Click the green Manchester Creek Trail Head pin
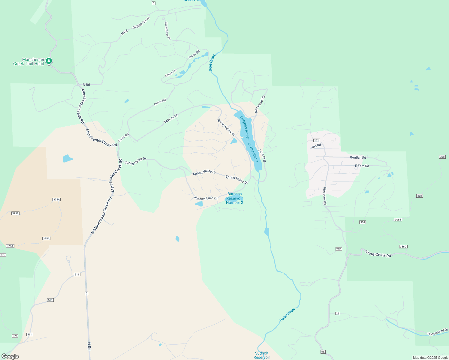tap(49, 61)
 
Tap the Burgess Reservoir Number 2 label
tap(234, 198)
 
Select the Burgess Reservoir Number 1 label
tap(249, 139)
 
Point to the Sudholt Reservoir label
tap(262, 355)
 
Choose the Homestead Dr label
tap(437, 332)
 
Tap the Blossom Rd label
tap(325, 196)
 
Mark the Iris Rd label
tap(316, 146)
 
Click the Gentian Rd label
tap(358, 157)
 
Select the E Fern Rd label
tap(362, 166)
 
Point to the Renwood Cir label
tap(260, 104)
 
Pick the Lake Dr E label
tap(262, 156)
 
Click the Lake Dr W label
tap(171, 118)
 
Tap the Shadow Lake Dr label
tap(206, 198)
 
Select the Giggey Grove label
tap(141, 22)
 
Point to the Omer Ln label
tap(170, 73)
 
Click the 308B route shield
tap(398, 220)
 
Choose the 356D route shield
tap(403, 247)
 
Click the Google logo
tap(10, 356)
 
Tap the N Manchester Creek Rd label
tap(102, 215)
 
